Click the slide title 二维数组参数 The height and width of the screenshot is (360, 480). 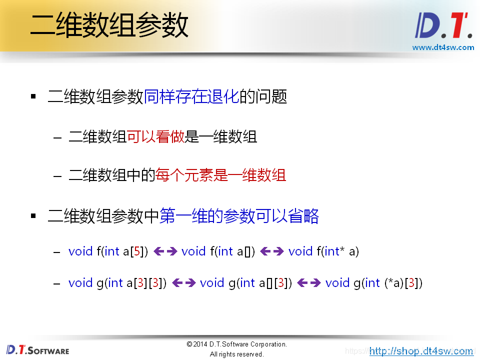[x=109, y=25]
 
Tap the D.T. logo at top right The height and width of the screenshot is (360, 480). [x=443, y=26]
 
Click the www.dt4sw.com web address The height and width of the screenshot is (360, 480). [x=443, y=47]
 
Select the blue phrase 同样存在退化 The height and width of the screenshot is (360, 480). [x=191, y=96]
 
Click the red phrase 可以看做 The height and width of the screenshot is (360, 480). [x=156, y=136]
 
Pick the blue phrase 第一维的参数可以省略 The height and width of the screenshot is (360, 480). [x=239, y=216]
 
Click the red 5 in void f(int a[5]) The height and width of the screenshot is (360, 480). [x=136, y=251]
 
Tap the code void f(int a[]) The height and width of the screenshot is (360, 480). [x=218, y=251]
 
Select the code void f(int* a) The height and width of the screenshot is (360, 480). [x=323, y=251]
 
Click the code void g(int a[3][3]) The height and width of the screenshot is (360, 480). [x=117, y=283]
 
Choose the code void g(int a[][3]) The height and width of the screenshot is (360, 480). [x=245, y=283]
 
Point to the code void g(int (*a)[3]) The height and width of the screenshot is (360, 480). [x=374, y=283]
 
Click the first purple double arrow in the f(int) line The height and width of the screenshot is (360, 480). [x=165, y=251]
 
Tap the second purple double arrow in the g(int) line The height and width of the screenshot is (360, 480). [x=308, y=283]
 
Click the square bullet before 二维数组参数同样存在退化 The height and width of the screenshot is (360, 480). [x=33, y=96]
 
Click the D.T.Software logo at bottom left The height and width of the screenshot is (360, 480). [x=38, y=350]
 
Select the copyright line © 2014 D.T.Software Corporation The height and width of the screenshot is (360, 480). [x=236, y=344]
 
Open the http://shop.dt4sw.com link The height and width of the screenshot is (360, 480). [x=421, y=351]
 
